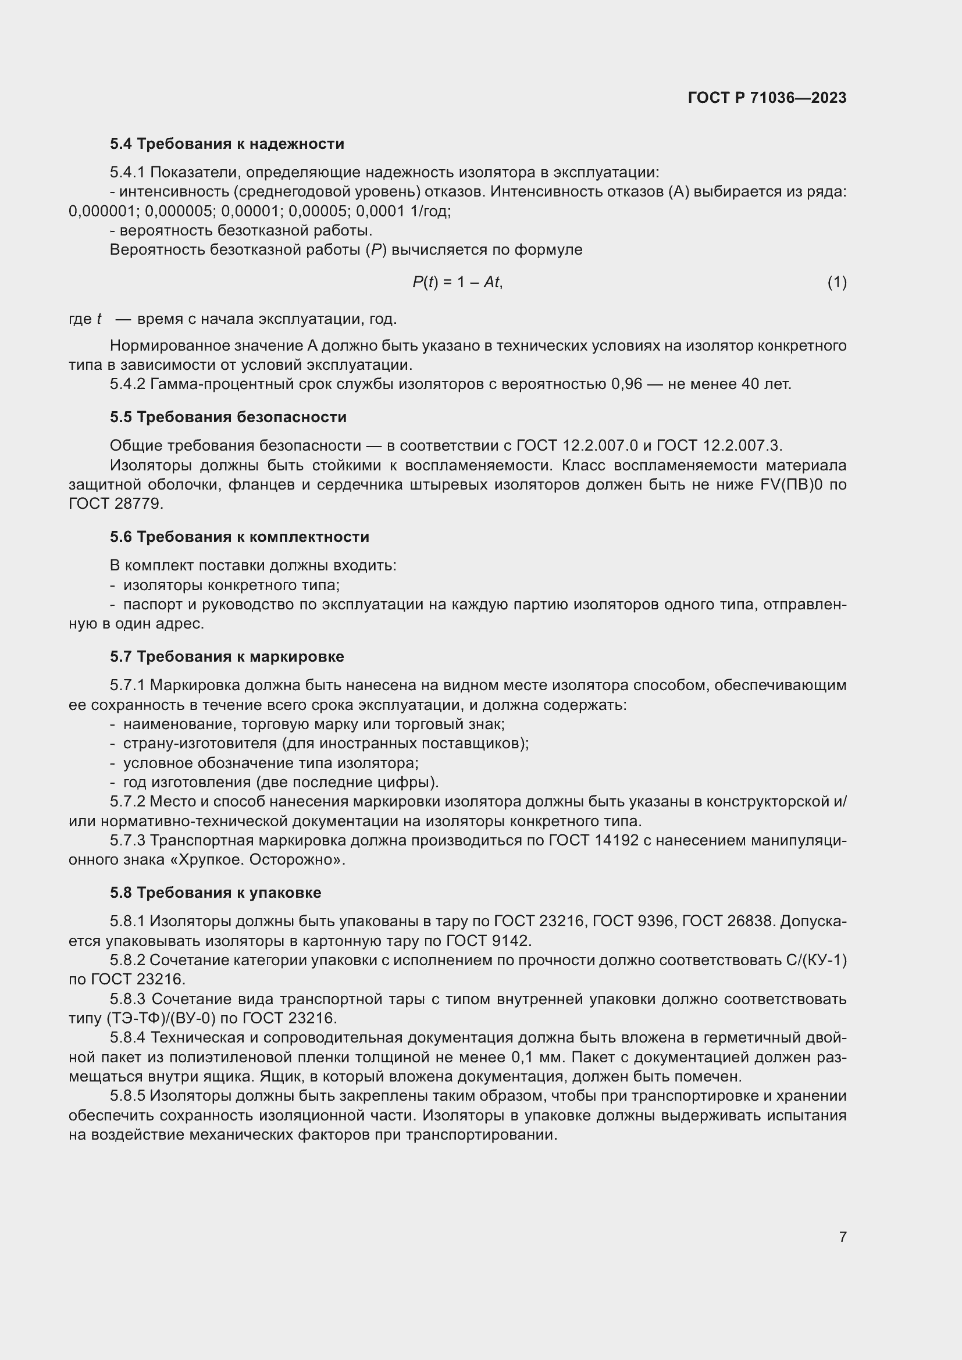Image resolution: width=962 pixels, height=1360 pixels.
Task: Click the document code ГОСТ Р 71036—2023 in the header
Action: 767,98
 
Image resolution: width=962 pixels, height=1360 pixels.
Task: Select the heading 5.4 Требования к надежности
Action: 227,144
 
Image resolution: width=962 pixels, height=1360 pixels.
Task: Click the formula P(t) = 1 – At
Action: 457,283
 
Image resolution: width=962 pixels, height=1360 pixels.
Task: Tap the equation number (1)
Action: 836,283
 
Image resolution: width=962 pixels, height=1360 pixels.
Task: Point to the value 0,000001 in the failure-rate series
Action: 102,211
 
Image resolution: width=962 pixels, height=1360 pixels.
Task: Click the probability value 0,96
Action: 626,384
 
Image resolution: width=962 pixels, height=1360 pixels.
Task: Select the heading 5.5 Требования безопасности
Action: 228,417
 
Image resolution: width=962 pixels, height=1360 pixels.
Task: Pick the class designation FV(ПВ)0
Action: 792,484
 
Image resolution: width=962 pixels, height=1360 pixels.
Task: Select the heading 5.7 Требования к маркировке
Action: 227,656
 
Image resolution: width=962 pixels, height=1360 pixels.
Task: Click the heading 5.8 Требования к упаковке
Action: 216,893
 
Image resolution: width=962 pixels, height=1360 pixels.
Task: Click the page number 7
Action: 842,1237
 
